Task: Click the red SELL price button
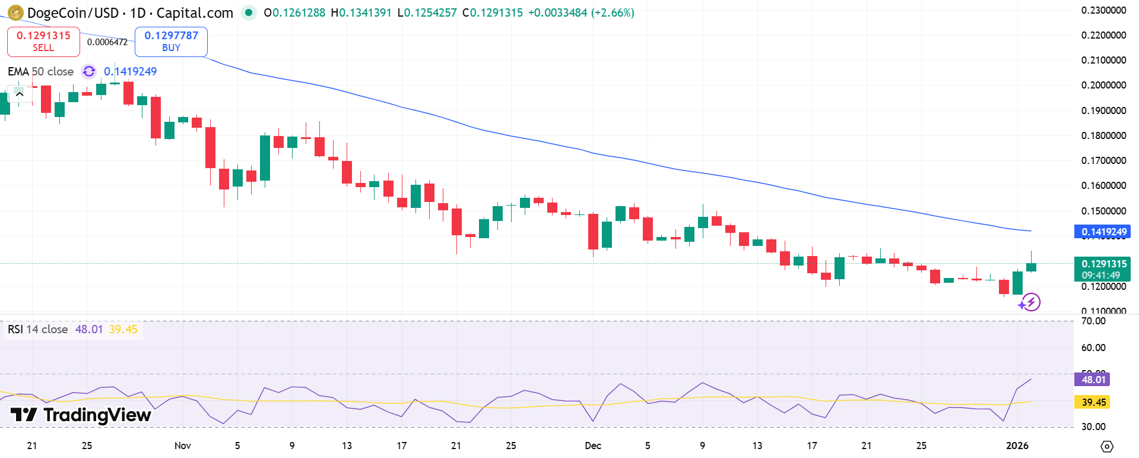click(x=43, y=42)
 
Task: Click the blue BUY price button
click(x=171, y=42)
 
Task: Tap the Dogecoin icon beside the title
click(x=15, y=12)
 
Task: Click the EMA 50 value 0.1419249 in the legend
click(x=130, y=72)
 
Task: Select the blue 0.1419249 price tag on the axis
click(x=1102, y=232)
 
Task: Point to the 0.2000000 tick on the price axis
click(x=1103, y=85)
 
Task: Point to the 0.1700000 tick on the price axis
click(x=1103, y=160)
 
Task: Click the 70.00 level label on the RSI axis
click(x=1093, y=321)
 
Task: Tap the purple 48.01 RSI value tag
click(x=1092, y=380)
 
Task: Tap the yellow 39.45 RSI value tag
click(x=1092, y=402)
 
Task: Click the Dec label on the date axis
click(x=593, y=446)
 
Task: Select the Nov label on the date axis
click(x=183, y=446)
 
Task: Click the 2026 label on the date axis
click(x=1017, y=446)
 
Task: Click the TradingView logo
click(x=81, y=415)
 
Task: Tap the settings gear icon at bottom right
click(x=1106, y=446)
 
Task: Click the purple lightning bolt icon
click(x=1032, y=302)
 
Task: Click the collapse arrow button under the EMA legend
click(x=19, y=94)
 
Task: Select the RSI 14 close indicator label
click(x=38, y=330)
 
